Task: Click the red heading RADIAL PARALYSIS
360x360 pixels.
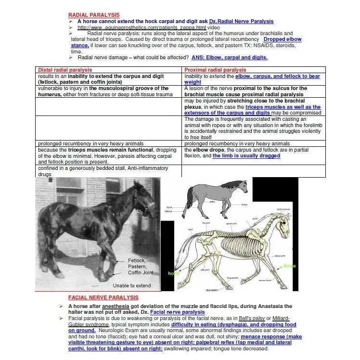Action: click(x=94, y=15)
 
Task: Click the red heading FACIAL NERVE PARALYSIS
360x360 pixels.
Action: click(x=100, y=298)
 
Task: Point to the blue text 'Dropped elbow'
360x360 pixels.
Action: click(x=283, y=39)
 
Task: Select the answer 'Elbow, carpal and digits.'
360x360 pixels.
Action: click(x=229, y=57)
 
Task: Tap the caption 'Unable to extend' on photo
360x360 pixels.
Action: click(x=131, y=285)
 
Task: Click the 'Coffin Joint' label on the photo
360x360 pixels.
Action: click(x=140, y=273)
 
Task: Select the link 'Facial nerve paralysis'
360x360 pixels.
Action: click(x=177, y=312)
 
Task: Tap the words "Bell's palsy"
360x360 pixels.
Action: click(x=246, y=319)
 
